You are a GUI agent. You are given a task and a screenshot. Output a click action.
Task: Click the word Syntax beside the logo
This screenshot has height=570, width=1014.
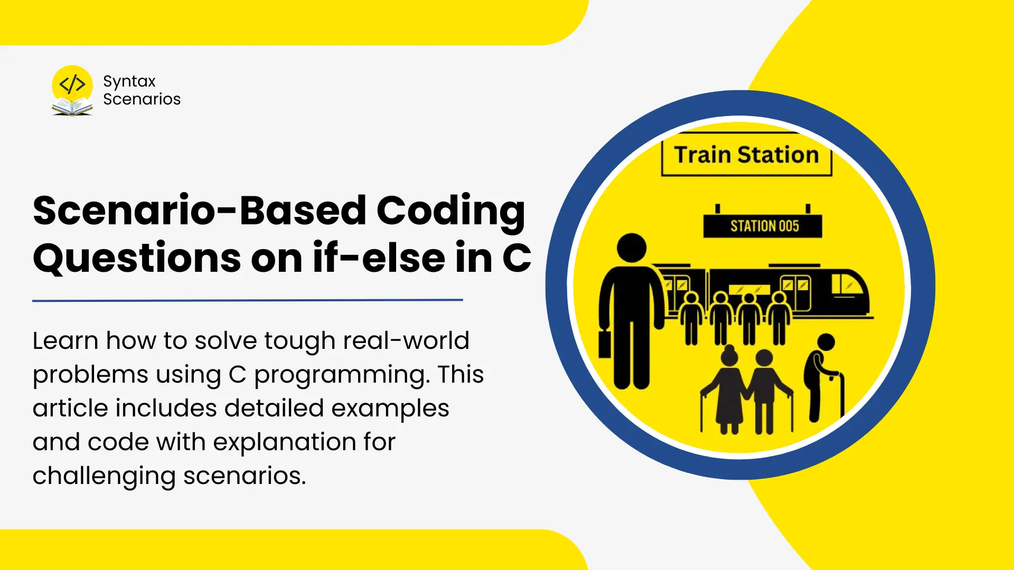(x=129, y=82)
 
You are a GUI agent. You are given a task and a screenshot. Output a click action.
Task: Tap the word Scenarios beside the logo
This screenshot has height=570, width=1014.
(x=142, y=99)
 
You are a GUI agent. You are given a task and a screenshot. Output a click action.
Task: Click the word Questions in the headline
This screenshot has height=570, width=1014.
(x=137, y=259)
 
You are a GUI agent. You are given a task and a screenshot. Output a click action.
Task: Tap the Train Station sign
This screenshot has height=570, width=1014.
(x=747, y=154)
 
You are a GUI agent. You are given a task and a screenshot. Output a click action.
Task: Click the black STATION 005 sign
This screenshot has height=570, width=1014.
(x=763, y=226)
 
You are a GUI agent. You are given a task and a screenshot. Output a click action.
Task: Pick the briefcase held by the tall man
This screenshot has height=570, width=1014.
(x=605, y=344)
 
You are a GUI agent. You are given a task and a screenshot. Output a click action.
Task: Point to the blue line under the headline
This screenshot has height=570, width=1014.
(x=248, y=300)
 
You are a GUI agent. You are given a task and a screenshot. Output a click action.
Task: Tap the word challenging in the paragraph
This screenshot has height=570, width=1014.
(x=104, y=477)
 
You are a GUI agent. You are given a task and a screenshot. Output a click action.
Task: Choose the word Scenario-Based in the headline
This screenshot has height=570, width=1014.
(x=200, y=211)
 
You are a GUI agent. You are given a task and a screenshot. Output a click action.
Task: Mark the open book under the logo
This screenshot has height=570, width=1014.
(x=72, y=108)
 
